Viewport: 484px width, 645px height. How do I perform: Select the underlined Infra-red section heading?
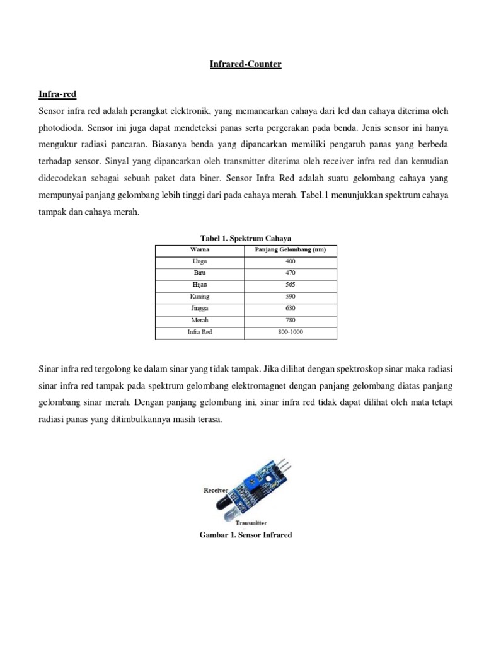(x=57, y=94)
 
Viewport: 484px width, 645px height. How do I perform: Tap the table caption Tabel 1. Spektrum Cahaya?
(x=245, y=238)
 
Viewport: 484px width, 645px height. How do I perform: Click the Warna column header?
(x=199, y=249)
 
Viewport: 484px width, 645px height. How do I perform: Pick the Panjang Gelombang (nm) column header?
(x=290, y=249)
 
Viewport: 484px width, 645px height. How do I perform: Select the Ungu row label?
(x=199, y=261)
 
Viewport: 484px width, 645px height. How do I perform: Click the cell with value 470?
(x=290, y=273)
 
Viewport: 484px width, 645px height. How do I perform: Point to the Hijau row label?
(x=199, y=285)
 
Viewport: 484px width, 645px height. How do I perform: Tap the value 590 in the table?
(x=290, y=296)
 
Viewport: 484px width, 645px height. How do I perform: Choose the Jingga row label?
(x=199, y=308)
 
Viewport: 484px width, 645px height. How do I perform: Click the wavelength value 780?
(x=290, y=320)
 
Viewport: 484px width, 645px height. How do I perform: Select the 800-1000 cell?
(x=290, y=332)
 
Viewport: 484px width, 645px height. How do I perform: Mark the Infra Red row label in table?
(x=199, y=332)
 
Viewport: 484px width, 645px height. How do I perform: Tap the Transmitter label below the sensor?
(x=251, y=522)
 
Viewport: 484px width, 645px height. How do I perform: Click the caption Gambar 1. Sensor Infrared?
(x=245, y=535)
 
